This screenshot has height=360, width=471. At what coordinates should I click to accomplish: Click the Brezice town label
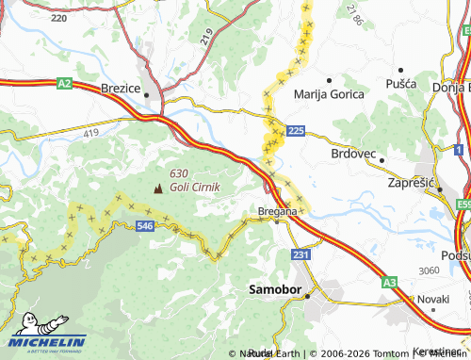pyautogui.click(x=120, y=88)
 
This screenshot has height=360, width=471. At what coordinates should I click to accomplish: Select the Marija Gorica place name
pyautogui.click(x=330, y=93)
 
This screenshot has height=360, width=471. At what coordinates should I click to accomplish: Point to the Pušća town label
pyautogui.click(x=400, y=84)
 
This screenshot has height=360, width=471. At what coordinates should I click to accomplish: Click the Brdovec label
pyautogui.click(x=354, y=153)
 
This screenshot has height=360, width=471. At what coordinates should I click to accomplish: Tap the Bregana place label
pyautogui.click(x=278, y=211)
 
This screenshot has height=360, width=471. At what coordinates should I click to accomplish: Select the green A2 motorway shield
pyautogui.click(x=64, y=84)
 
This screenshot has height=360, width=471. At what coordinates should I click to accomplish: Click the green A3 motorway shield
pyautogui.click(x=390, y=281)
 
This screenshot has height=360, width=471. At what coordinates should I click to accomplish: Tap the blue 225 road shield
pyautogui.click(x=296, y=130)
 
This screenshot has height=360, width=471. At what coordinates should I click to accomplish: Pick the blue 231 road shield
pyautogui.click(x=300, y=254)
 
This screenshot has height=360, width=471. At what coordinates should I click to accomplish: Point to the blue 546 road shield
pyautogui.click(x=145, y=226)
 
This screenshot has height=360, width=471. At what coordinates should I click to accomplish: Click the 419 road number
pyautogui.click(x=90, y=134)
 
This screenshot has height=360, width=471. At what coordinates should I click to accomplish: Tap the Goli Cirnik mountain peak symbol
pyautogui.click(x=157, y=188)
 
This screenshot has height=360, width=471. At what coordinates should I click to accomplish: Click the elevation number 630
pyautogui.click(x=178, y=173)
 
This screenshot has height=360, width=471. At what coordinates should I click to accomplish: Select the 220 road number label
pyautogui.click(x=58, y=18)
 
